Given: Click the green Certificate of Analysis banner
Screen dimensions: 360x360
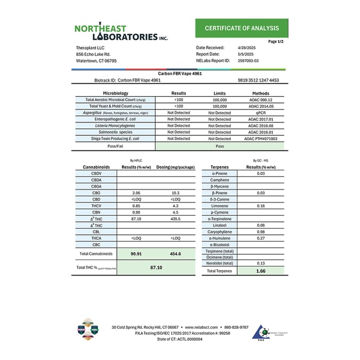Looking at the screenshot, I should (x=241, y=28).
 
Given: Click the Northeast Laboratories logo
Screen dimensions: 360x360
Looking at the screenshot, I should (x=121, y=32).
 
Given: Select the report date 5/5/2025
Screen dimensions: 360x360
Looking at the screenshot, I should (x=245, y=54).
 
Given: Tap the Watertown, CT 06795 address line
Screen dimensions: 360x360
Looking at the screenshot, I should (x=96, y=61).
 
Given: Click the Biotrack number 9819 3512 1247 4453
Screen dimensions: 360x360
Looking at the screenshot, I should (x=258, y=80).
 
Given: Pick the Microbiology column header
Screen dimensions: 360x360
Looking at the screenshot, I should (x=115, y=93).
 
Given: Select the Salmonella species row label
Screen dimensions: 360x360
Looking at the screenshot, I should (x=115, y=132).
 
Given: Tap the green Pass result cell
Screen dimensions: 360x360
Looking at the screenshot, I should (x=220, y=145).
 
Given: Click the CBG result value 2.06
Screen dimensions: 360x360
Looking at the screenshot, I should (x=136, y=192).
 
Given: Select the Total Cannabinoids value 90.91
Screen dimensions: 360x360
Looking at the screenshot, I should (x=136, y=253).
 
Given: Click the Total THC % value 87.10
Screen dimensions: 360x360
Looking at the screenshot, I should (x=156, y=268).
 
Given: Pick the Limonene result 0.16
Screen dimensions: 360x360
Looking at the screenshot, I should (x=260, y=206).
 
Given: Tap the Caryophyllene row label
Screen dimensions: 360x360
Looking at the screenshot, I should (x=220, y=231).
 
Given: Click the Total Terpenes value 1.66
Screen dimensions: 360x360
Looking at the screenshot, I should (x=260, y=271).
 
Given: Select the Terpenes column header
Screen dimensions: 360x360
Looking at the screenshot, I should (x=220, y=167).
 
